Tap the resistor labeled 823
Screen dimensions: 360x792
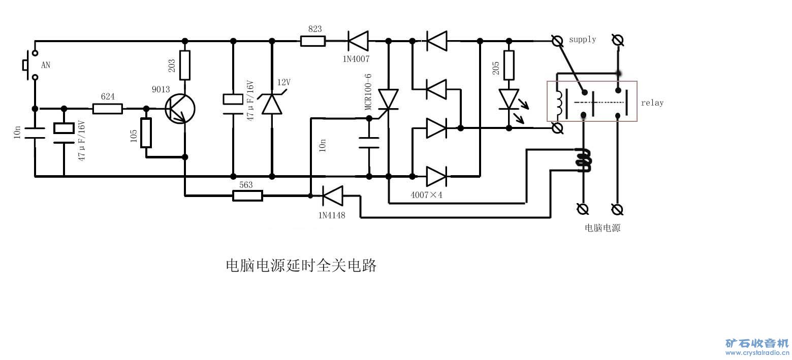coord(312,41)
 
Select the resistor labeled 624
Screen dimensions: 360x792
coord(108,108)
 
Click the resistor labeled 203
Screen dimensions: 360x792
coord(184,65)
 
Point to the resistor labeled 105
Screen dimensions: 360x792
coord(146,133)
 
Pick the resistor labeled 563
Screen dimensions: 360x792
coord(247,195)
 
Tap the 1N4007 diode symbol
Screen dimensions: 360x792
coord(358,41)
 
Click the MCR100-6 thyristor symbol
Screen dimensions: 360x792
coord(389,100)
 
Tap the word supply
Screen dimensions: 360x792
coord(582,39)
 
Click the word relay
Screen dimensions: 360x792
coord(652,103)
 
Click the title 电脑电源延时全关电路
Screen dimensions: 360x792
coord(301,266)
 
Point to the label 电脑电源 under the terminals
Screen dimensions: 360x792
coord(603,228)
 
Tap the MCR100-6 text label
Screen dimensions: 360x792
coord(368,92)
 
